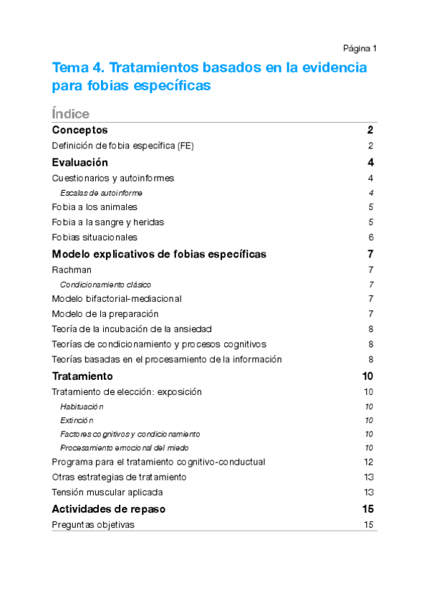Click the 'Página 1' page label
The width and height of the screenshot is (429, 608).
[360, 48]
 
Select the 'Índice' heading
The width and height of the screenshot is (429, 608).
[71, 113]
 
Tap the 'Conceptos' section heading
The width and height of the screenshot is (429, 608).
[80, 130]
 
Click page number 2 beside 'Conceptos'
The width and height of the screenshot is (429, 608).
[370, 130]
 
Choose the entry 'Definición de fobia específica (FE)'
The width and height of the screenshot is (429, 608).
[123, 146]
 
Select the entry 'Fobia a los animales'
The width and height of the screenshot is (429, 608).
[95, 207]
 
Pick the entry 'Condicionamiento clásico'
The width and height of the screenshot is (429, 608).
[105, 285]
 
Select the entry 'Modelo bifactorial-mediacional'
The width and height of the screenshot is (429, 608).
[117, 298]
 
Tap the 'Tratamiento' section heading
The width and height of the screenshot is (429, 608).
[82, 376]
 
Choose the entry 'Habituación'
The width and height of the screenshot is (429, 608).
[82, 407]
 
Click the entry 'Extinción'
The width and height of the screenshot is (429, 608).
[77, 420]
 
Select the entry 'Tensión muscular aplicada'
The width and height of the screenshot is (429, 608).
[107, 492]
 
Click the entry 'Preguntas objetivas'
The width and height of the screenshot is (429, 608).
[93, 524]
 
